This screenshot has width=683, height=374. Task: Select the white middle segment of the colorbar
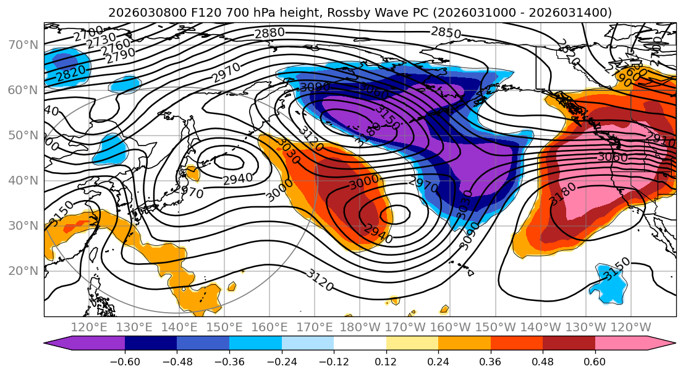(x=360, y=344)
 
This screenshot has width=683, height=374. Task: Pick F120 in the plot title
(x=179, y=12)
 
